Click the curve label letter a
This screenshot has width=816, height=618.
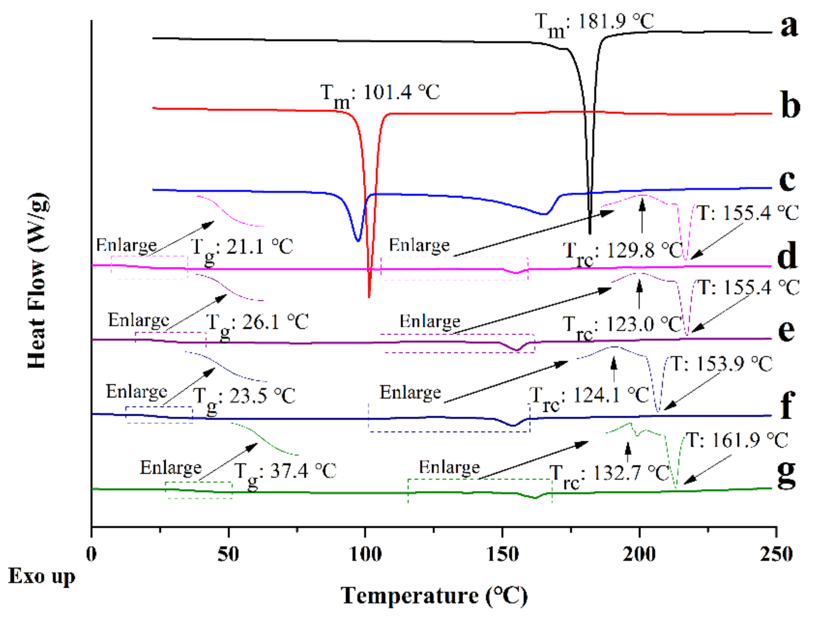coord(789,27)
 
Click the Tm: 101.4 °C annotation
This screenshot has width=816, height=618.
coord(380,94)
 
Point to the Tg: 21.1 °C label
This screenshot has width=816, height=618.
coord(242,248)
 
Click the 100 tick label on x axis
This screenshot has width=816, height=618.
coord(365,555)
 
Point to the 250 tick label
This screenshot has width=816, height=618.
coord(776,555)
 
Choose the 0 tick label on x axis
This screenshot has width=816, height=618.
coord(92,555)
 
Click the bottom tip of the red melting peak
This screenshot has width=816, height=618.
coord(369,297)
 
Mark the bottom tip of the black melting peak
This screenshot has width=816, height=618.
coord(590,233)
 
